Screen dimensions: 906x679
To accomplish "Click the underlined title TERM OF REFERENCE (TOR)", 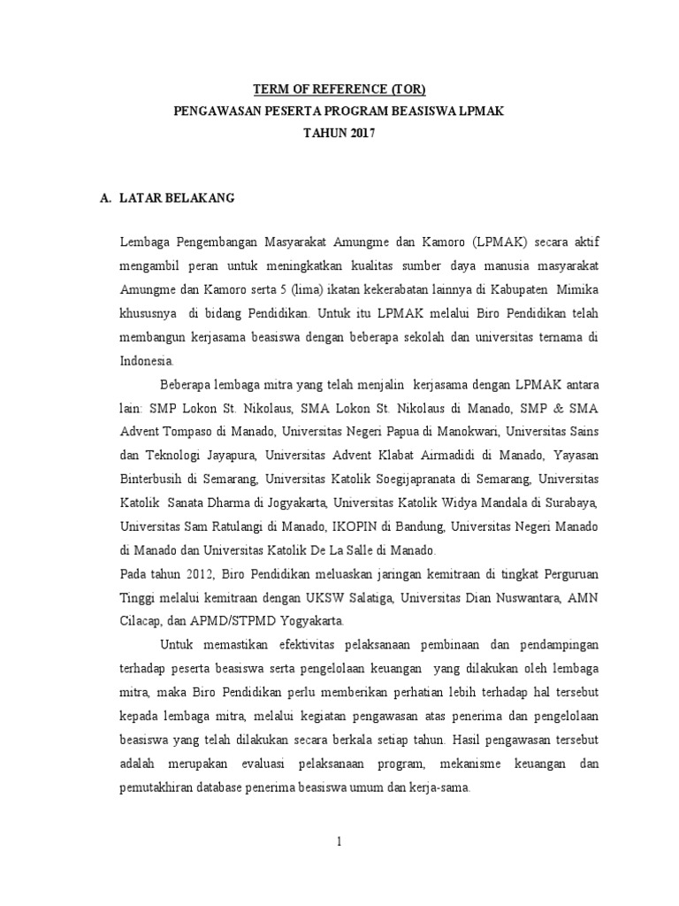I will click(339, 89).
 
